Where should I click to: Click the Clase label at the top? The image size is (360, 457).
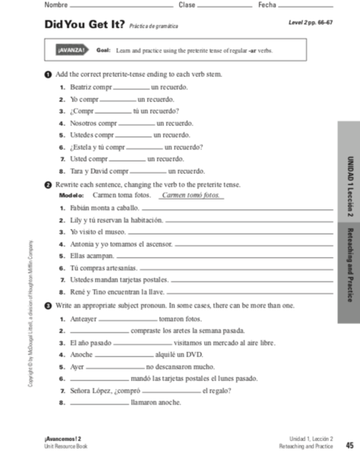186,5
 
